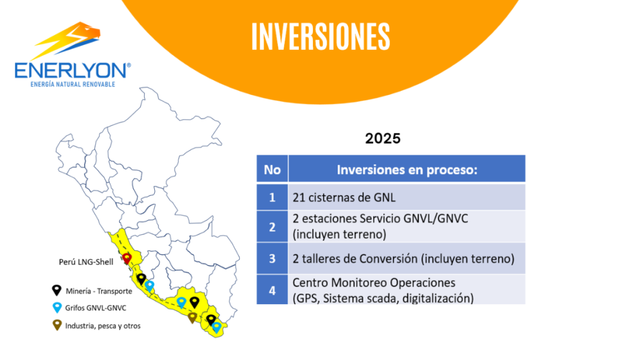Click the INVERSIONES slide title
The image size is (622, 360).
click(321, 36)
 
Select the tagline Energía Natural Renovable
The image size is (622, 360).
click(73, 84)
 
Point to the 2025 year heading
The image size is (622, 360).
click(383, 138)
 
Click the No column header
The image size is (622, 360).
click(272, 169)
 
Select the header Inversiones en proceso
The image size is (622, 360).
click(407, 169)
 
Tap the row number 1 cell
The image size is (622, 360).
click(272, 197)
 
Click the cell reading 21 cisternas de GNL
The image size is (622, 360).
click(407, 197)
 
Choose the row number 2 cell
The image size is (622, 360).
click(272, 226)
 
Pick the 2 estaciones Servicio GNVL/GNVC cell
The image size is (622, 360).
click(407, 226)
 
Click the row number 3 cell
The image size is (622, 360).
click(272, 259)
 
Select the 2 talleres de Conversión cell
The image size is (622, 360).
click(407, 259)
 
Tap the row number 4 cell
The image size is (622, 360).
click(272, 290)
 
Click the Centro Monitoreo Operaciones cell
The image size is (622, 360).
click(407, 290)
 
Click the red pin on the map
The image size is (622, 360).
click(127, 259)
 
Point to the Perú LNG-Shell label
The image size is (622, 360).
click(86, 262)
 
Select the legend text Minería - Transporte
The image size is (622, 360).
click(99, 291)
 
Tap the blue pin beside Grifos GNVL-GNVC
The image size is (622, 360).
click(57, 308)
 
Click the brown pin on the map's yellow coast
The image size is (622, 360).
click(193, 317)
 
